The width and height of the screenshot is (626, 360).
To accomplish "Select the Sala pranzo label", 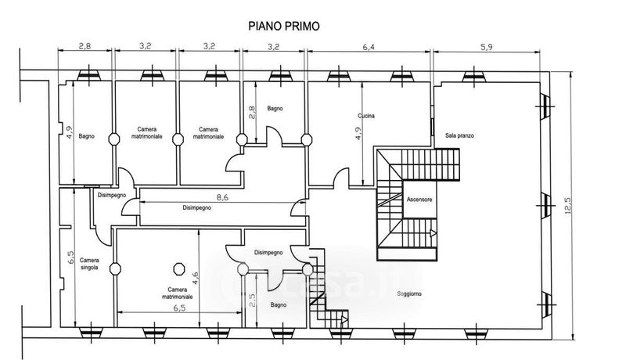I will point(460,135).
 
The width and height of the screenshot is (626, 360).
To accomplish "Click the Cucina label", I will point(368,116).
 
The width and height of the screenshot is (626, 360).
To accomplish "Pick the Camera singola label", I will point(89,264).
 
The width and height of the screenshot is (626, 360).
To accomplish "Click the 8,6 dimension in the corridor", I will point(200,198).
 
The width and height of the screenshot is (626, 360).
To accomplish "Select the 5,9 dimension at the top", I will point(486,46).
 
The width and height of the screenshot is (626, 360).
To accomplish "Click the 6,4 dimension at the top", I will point(368,46).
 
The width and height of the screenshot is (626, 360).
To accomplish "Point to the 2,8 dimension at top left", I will point(87,46).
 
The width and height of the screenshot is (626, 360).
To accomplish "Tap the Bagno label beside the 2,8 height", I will point(274,108).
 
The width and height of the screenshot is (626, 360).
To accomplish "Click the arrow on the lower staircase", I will point(432,232).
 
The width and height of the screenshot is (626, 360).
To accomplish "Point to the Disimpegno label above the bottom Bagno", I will point(268,252).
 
